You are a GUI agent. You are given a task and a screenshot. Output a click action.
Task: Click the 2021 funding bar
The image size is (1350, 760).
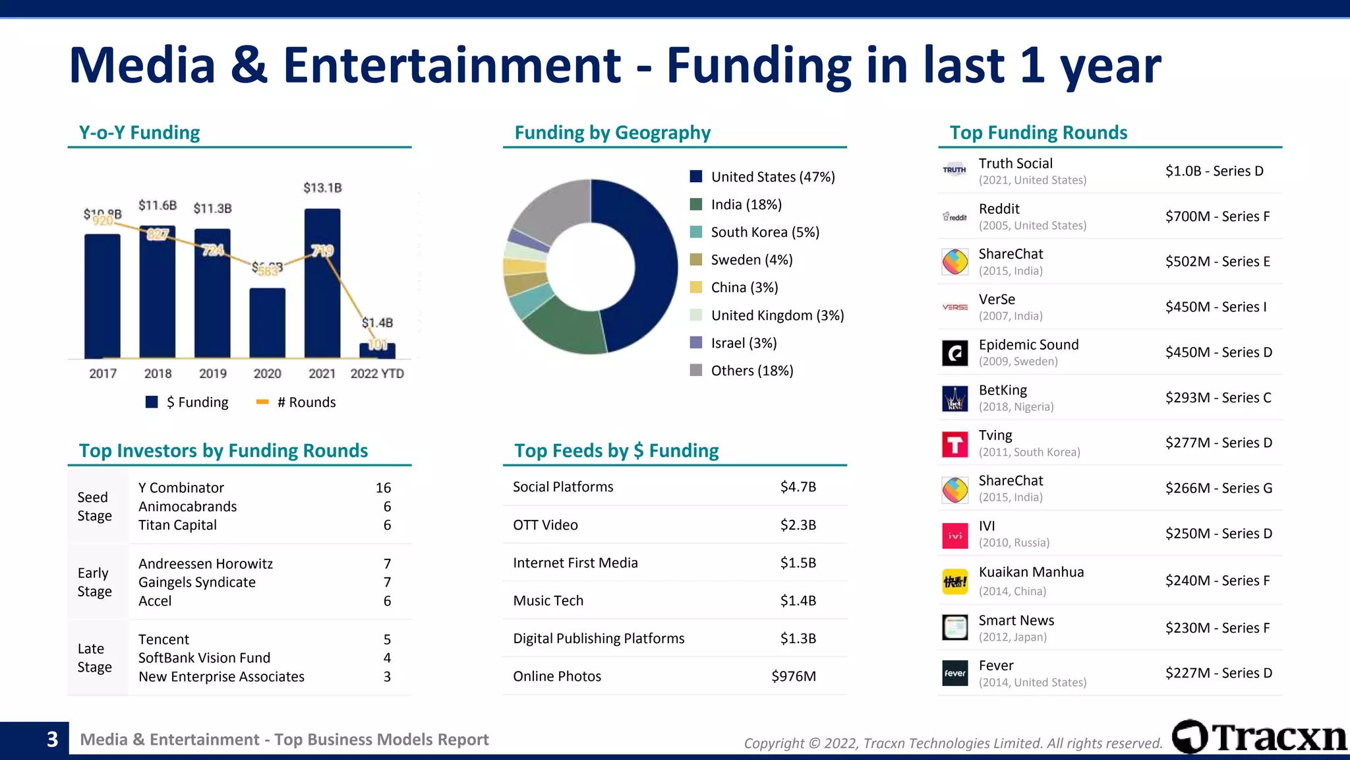322,297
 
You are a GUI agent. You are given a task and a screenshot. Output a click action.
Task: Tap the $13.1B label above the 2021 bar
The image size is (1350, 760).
322,188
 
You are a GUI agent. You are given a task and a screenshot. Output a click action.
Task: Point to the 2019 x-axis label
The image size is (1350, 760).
212,373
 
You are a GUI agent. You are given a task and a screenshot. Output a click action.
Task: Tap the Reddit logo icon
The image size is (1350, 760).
954,216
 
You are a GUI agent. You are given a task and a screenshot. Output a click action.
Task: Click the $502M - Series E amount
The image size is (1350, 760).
1217,261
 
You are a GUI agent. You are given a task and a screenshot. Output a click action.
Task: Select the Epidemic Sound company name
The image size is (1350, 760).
1028,344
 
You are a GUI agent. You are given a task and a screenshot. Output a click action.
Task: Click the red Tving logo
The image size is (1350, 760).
954,444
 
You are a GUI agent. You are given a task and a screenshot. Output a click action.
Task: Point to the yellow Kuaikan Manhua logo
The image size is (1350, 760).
954,581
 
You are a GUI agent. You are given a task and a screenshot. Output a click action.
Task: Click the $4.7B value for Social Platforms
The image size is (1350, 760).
798,487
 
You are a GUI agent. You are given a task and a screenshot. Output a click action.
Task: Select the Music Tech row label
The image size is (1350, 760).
548,600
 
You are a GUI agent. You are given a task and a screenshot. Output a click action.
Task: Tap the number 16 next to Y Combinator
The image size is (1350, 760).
383,488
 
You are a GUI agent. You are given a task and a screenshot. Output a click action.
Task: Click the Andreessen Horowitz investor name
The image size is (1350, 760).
205,563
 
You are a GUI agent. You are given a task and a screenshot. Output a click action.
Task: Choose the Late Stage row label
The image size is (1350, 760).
94,658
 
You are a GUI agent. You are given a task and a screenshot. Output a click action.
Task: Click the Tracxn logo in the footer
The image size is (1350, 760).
1258,737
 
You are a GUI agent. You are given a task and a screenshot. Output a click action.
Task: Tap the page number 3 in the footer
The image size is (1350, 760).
52,739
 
